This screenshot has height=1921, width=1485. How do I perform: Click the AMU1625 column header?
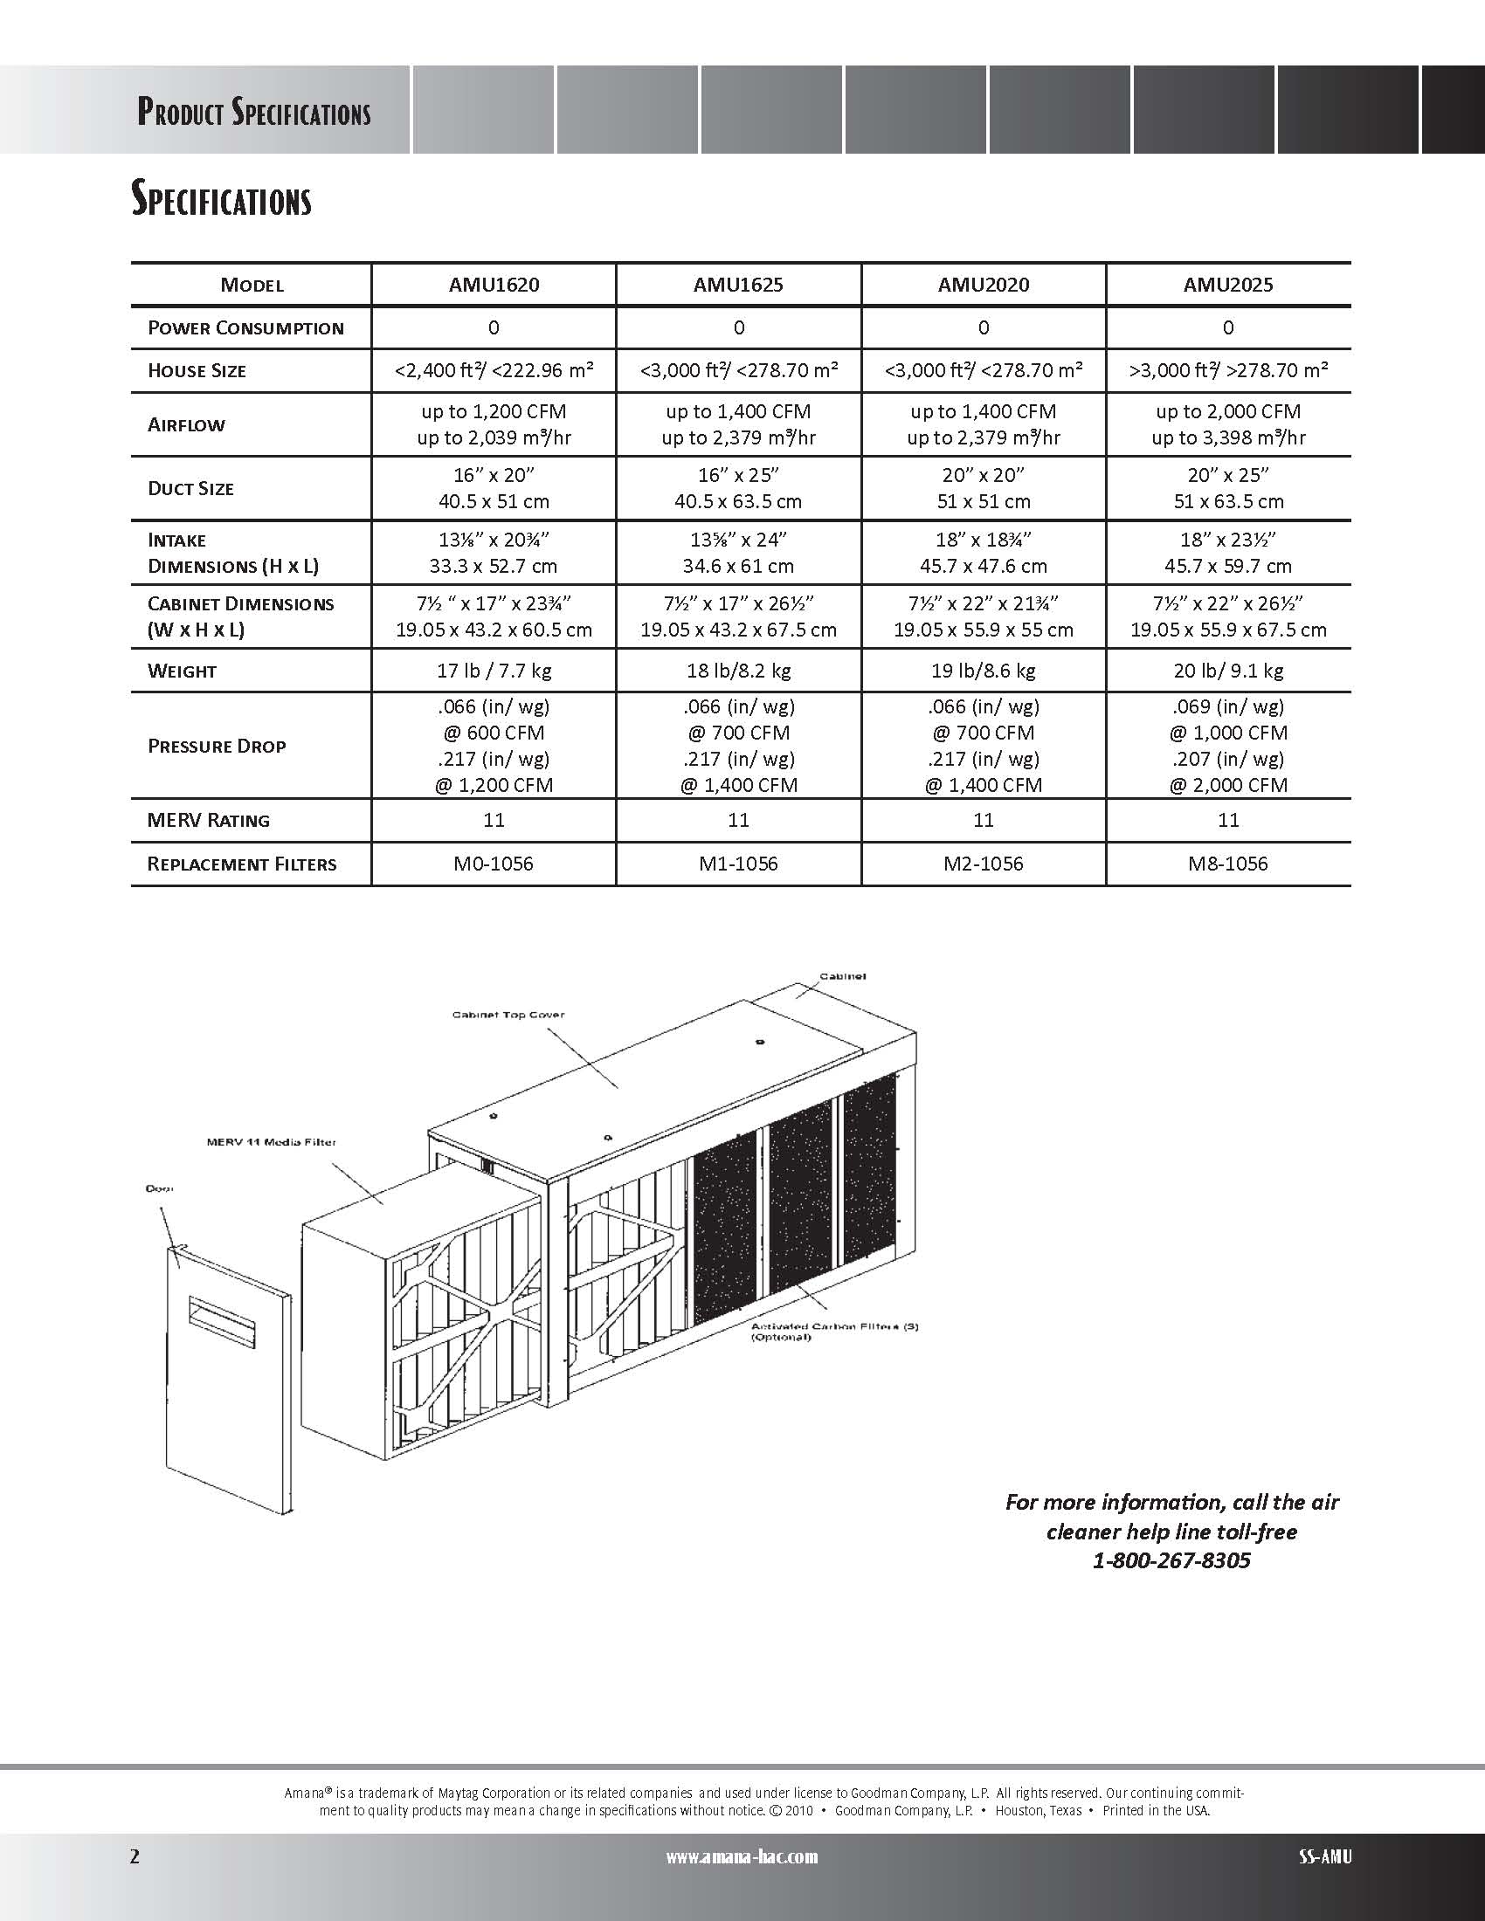click(738, 285)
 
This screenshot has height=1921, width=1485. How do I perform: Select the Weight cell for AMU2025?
click(1228, 671)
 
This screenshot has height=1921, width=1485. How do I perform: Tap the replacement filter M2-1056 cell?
click(983, 864)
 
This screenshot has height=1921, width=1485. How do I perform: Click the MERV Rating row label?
click(209, 821)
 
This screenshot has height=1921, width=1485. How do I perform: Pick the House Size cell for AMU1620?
click(494, 370)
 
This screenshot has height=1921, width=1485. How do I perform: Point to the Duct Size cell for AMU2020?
click(983, 488)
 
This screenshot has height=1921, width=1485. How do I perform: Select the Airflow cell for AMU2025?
click(1228, 424)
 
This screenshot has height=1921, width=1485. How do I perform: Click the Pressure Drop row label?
click(217, 746)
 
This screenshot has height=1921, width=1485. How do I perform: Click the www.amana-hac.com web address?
click(742, 1856)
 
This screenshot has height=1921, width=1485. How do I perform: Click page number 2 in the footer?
click(135, 1856)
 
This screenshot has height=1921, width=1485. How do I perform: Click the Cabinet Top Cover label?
click(508, 1015)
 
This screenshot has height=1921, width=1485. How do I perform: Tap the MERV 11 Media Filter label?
click(271, 1143)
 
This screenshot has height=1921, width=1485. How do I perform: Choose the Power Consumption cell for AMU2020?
click(983, 328)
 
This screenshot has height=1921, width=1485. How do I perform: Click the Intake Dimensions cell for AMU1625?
click(738, 553)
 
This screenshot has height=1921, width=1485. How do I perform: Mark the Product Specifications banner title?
click(253, 113)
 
